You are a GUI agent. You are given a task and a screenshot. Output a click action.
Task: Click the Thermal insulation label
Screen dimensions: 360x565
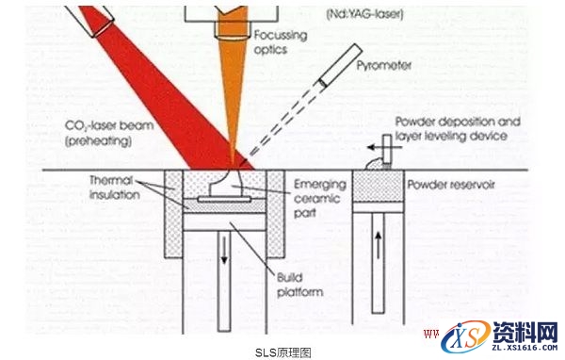[x=116, y=186]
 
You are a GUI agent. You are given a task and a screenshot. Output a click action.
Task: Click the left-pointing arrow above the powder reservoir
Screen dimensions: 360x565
[x=376, y=147]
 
